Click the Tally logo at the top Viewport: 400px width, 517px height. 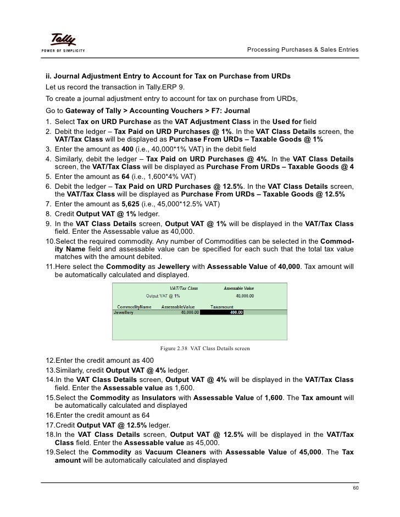coord(63,40)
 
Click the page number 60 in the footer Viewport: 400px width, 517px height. coord(355,488)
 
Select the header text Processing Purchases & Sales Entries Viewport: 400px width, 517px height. coord(303,50)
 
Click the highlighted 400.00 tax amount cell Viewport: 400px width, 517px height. coord(221,312)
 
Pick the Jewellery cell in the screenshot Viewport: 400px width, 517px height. coord(124,312)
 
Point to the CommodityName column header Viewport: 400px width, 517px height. coord(135,306)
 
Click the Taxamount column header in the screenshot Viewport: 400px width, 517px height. coord(222,306)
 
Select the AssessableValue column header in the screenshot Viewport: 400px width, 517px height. coord(178,306)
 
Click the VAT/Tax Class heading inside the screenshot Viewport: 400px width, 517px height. coord(184,288)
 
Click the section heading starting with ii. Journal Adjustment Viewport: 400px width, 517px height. coord(168,75)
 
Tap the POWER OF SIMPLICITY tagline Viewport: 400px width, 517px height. coord(61,51)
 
